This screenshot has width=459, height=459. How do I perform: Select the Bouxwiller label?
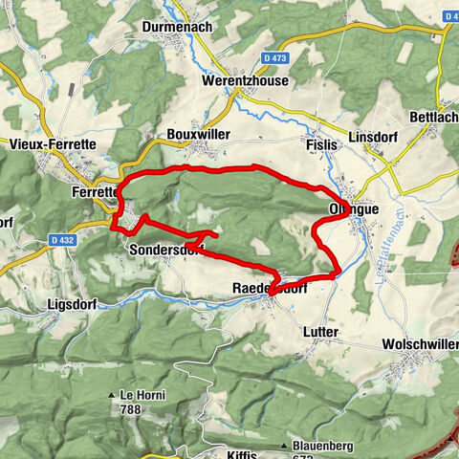(198, 135)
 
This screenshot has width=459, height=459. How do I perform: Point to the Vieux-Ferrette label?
(47, 144)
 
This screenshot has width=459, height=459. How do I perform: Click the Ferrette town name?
(94, 190)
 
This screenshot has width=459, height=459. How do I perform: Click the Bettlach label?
(439, 116)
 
